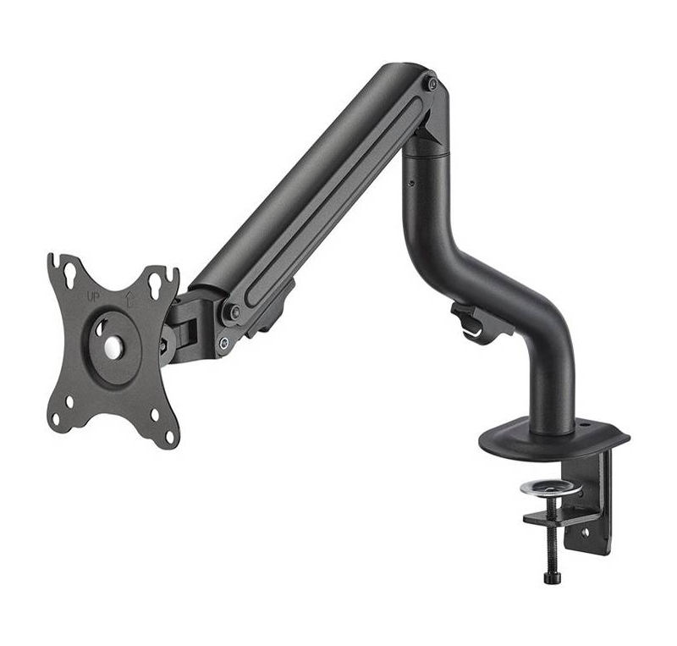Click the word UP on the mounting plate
[x=93, y=298]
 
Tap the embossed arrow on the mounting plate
[x=129, y=299]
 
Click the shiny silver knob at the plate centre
[x=114, y=346]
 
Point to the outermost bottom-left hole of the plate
[x=56, y=419]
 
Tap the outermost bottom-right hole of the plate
[x=170, y=437]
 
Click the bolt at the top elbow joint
[x=432, y=84]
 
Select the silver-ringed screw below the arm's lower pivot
[x=223, y=343]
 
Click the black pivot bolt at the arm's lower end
[x=235, y=311]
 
